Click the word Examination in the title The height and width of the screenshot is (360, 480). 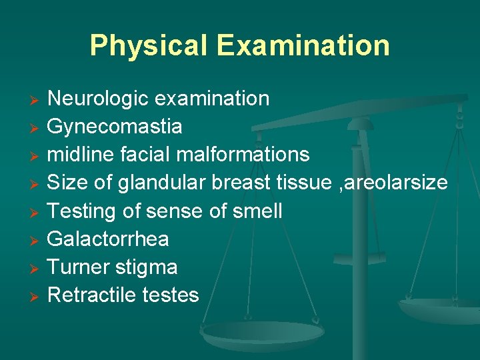[303, 45]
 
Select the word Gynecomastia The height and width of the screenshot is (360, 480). [115, 127]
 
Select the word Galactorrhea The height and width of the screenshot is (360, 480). [109, 239]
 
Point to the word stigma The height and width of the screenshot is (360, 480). [147, 267]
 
